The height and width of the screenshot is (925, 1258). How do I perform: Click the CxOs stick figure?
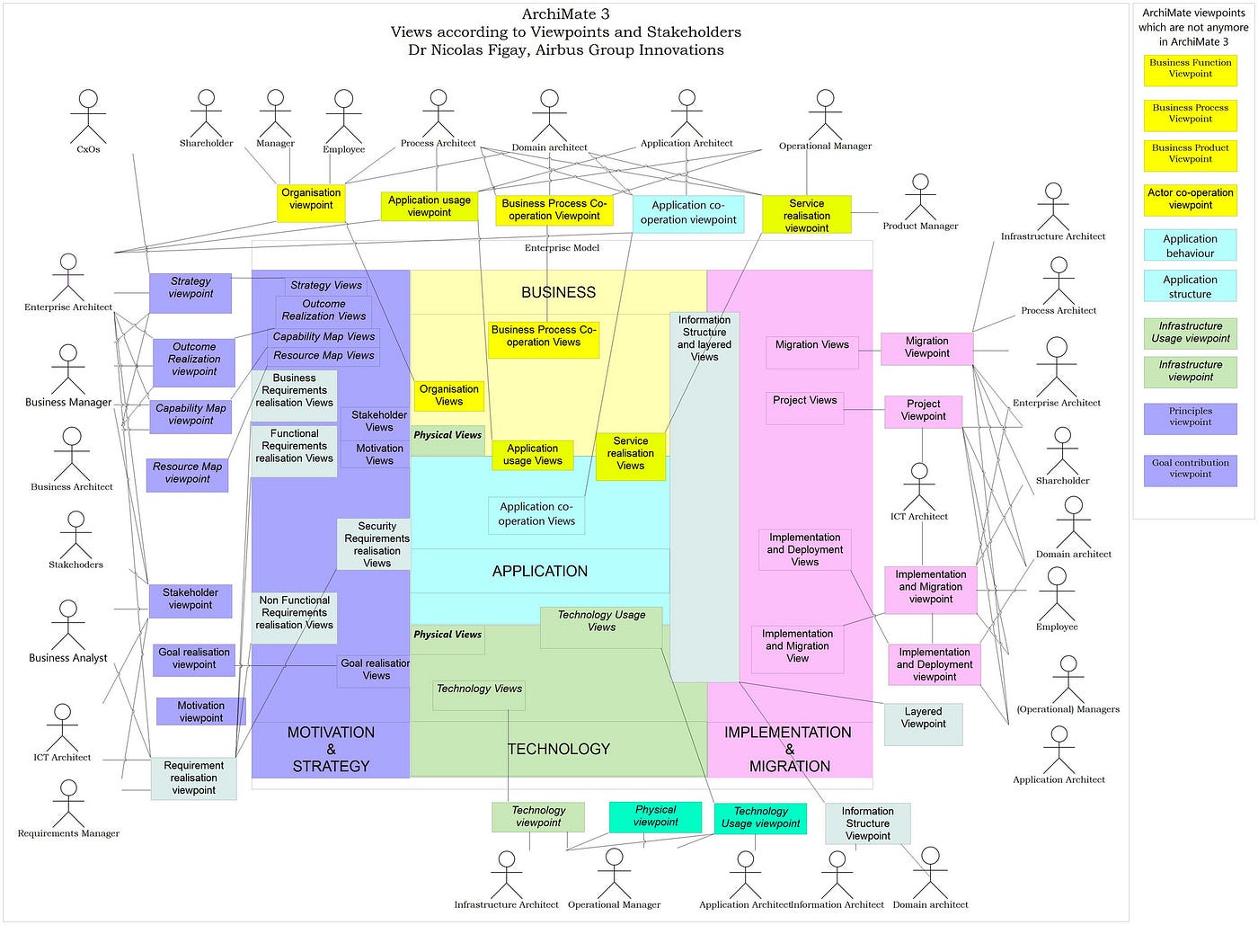(x=88, y=117)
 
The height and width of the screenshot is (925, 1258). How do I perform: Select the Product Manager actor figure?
(x=919, y=196)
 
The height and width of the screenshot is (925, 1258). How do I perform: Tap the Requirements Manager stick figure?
(x=68, y=803)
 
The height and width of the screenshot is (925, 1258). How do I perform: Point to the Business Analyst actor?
(x=68, y=626)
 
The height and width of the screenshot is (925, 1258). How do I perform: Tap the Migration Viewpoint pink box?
(x=926, y=348)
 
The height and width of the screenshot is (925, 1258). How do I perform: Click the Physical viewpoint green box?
(x=655, y=816)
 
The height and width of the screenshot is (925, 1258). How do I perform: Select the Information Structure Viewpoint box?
(x=867, y=823)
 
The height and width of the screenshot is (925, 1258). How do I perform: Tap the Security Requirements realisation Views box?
(x=377, y=545)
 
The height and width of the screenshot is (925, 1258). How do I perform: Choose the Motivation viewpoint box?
(x=200, y=712)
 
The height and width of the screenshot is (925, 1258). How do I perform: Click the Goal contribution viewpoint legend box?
(x=1190, y=469)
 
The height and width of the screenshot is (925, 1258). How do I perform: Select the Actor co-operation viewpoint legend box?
(x=1190, y=200)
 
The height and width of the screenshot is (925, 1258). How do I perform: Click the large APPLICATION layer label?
(x=539, y=572)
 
